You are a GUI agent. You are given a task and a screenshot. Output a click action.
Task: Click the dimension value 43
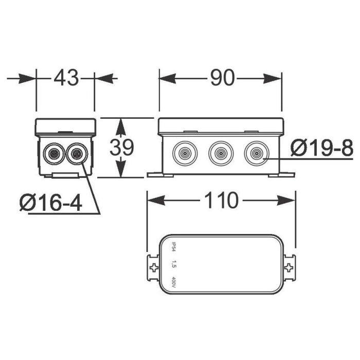point(66,78)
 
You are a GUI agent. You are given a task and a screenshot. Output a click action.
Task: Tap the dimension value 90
point(223,78)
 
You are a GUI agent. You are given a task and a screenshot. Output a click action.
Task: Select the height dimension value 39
point(121,147)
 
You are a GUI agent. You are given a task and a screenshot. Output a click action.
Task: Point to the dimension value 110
point(221,200)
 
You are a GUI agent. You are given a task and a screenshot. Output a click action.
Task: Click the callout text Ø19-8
point(322,149)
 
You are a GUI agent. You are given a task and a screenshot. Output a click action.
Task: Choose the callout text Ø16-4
point(51,203)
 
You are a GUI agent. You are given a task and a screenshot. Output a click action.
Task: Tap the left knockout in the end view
point(54,154)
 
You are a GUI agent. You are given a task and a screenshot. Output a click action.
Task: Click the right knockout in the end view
point(77,154)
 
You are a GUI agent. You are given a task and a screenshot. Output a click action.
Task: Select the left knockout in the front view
point(185,153)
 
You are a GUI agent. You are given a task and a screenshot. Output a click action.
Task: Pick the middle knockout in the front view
point(221,153)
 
